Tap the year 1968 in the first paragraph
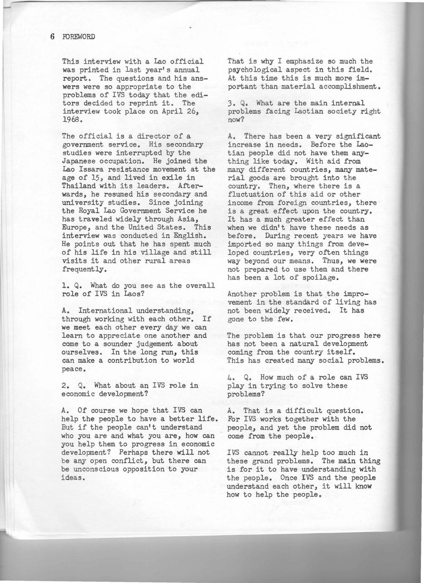[x=70, y=120]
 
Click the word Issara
[x=90, y=169]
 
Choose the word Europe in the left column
[x=74, y=227]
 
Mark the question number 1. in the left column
[x=65, y=286]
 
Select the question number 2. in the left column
[x=65, y=385]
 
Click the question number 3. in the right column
[x=230, y=103]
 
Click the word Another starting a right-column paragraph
[x=242, y=294]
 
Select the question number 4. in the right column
[x=230, y=377]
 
